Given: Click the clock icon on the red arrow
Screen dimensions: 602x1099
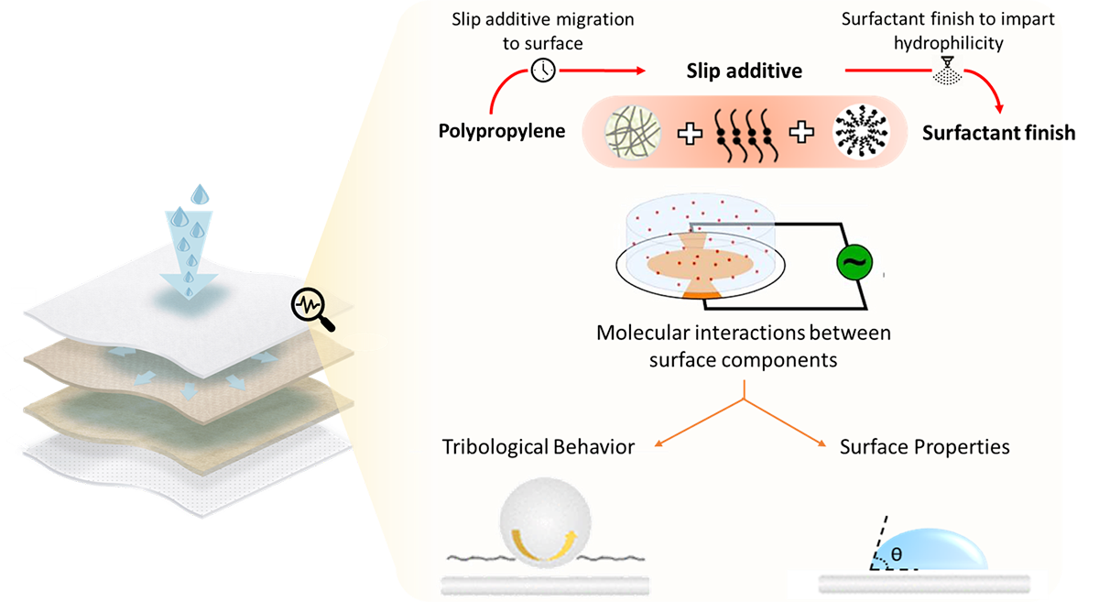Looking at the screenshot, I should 543,70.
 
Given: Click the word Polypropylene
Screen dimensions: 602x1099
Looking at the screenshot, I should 502,130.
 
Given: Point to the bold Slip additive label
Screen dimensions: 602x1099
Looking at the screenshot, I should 745,71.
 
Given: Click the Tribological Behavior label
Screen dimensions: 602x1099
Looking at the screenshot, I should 539,447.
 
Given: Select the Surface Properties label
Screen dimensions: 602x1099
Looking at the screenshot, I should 924,447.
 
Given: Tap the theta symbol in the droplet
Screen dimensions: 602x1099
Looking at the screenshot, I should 896,553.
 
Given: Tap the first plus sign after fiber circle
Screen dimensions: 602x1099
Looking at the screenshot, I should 690,134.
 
